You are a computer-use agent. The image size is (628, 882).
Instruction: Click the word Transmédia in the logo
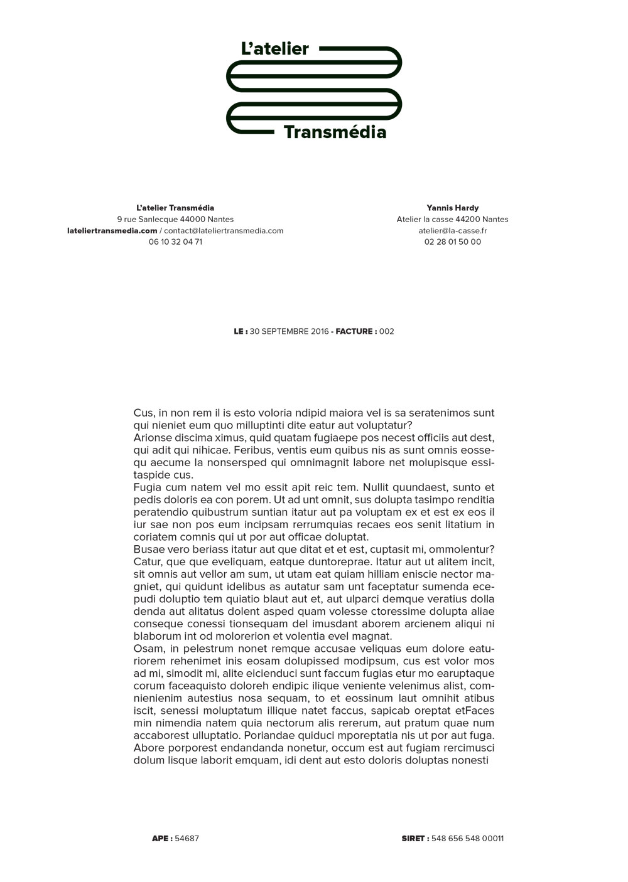pyautogui.click(x=335, y=132)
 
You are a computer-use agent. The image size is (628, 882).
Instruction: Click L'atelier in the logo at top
pyautogui.click(x=275, y=49)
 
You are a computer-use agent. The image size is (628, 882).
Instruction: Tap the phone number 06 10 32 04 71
pyautogui.click(x=175, y=242)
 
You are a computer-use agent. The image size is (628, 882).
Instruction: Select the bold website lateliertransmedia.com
pyautogui.click(x=112, y=230)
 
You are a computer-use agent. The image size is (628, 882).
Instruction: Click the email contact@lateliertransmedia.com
pyautogui.click(x=224, y=230)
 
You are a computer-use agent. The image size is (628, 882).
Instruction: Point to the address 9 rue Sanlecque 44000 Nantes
pyautogui.click(x=175, y=219)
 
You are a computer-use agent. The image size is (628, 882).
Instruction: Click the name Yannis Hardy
pyautogui.click(x=452, y=208)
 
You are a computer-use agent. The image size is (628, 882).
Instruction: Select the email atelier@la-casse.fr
pyautogui.click(x=452, y=230)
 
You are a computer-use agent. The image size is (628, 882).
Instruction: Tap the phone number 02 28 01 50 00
pyautogui.click(x=452, y=242)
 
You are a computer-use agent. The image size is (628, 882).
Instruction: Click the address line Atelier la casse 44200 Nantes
pyautogui.click(x=452, y=219)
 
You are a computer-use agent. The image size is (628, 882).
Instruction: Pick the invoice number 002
pyautogui.click(x=386, y=331)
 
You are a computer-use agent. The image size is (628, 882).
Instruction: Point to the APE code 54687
pyautogui.click(x=187, y=838)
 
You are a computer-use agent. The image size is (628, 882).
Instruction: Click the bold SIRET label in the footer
pyautogui.click(x=414, y=838)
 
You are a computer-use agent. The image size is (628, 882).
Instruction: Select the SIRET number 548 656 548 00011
pyautogui.click(x=467, y=838)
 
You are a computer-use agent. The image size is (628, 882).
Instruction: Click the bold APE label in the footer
pyautogui.click(x=161, y=838)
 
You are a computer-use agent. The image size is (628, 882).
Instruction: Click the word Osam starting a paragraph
pyautogui.click(x=147, y=649)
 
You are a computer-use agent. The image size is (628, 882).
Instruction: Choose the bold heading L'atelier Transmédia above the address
pyautogui.click(x=175, y=208)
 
